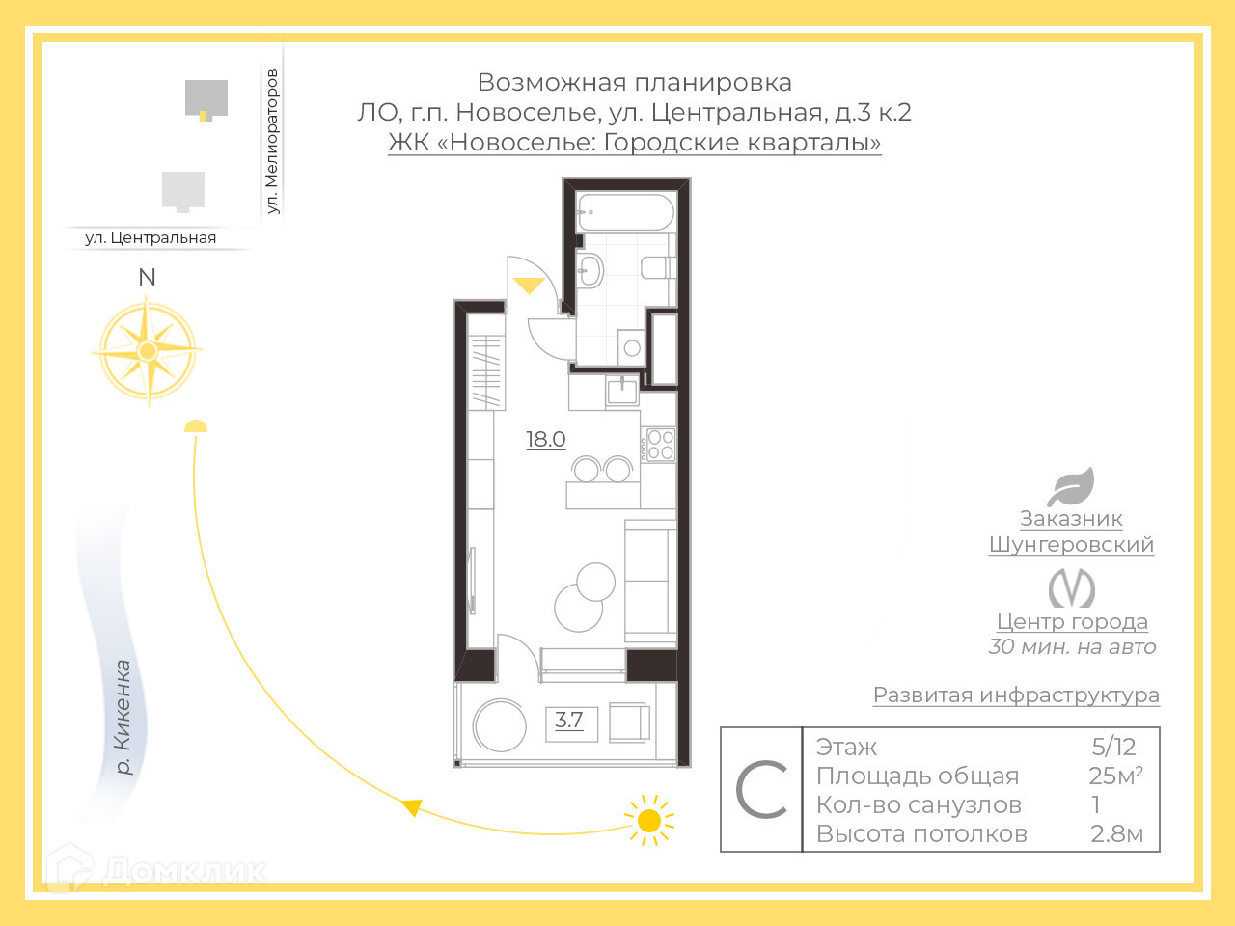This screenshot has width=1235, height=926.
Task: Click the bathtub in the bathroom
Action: coord(624,212)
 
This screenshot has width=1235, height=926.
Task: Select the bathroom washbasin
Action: coord(590,270)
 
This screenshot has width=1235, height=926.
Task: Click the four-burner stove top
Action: coord(661,445)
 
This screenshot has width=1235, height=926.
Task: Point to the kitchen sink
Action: coord(621,390)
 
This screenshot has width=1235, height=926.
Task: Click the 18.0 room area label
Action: coord(545,439)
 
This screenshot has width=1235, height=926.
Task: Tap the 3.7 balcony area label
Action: coord(569,720)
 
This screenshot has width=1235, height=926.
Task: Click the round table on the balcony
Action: coord(499,724)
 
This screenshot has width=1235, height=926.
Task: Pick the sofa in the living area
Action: coord(649,581)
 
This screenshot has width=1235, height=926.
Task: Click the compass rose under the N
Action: coord(148,351)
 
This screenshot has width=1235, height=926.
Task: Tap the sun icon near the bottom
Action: coord(649,821)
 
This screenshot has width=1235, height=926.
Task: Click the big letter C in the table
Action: coord(761,790)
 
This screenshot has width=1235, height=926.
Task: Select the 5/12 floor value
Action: coord(1113,747)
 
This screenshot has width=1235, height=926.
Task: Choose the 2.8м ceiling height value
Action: coord(1116,833)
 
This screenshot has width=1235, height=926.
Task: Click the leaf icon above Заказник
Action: coord(1071,487)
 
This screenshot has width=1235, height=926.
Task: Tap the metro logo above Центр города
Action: coord(1071,587)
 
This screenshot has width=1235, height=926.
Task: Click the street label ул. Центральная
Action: coord(151,237)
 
